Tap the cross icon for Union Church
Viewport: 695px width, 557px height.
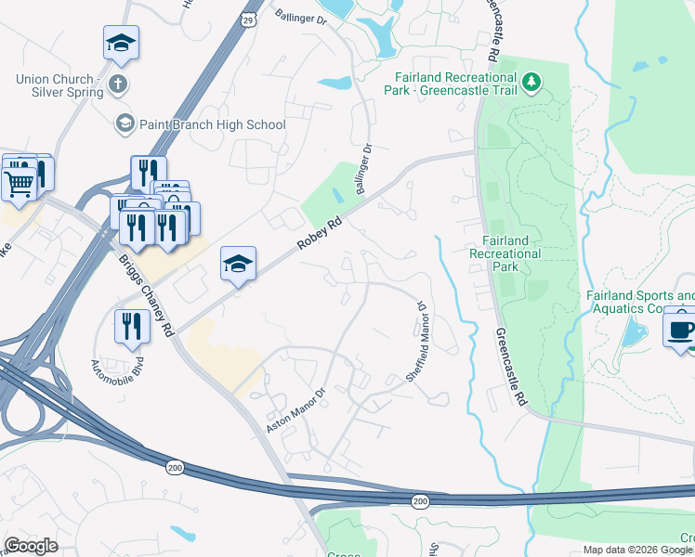point(118,85)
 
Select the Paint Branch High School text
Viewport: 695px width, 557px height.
point(213,124)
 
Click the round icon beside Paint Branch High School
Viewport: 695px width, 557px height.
point(125,123)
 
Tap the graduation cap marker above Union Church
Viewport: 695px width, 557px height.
point(121,43)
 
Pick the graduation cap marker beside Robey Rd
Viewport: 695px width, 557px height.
point(238,265)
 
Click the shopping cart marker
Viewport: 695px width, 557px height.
point(19,180)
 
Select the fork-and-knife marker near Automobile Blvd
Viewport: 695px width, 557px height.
point(131,325)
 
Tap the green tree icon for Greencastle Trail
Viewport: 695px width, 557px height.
point(532,83)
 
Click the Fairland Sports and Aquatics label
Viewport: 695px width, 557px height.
point(639,302)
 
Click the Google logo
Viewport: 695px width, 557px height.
point(31,546)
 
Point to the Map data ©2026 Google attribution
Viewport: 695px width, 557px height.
point(637,550)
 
